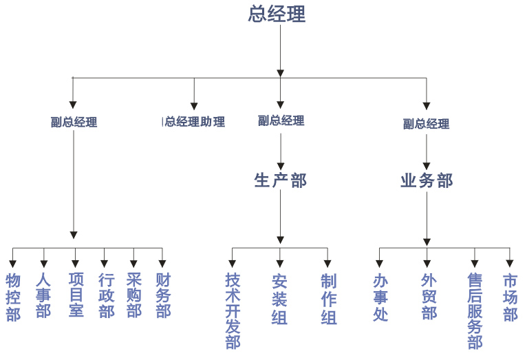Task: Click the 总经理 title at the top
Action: [x=277, y=14]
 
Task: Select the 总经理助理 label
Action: [x=195, y=122]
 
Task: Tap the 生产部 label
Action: [x=280, y=180]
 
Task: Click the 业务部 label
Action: [x=427, y=180]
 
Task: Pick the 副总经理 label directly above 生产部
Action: [x=281, y=120]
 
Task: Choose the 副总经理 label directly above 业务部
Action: [x=426, y=124]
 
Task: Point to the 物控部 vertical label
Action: [x=13, y=297]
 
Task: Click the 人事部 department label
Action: [x=44, y=296]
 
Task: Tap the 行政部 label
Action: [x=105, y=296]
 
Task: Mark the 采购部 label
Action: [x=134, y=296]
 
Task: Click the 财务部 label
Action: [x=163, y=296]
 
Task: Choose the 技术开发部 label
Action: [x=233, y=310]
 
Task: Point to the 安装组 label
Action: [x=279, y=299]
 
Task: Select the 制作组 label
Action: [x=328, y=299]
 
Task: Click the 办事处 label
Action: [x=380, y=297]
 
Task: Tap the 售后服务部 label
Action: [x=475, y=310]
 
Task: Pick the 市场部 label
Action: [x=510, y=297]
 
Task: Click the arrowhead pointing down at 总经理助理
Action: [x=194, y=105]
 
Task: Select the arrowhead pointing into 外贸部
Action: [x=427, y=264]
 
